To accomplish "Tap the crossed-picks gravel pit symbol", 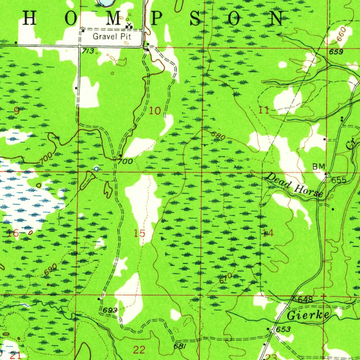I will pos(129,25).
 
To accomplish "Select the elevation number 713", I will pos(88,51).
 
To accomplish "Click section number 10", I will pos(155,111).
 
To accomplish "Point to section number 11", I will pos(264,110).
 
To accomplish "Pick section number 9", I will pos(17,111).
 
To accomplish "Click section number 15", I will pos(140,233).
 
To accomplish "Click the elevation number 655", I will pos(339,180).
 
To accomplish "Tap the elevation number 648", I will pos(305,300).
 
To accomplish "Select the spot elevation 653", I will pos(283,329).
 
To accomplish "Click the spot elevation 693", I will pos(110,310).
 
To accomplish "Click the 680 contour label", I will pos(218,136).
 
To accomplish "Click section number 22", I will pos(139,349).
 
